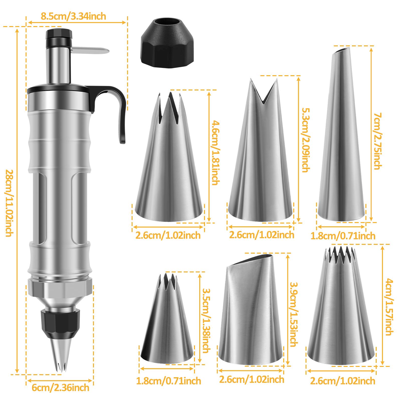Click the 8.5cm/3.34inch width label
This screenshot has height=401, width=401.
73,16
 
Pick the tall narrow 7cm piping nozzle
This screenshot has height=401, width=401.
342,140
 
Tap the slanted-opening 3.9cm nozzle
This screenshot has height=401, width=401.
251,316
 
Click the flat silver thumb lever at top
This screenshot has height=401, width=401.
90,50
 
